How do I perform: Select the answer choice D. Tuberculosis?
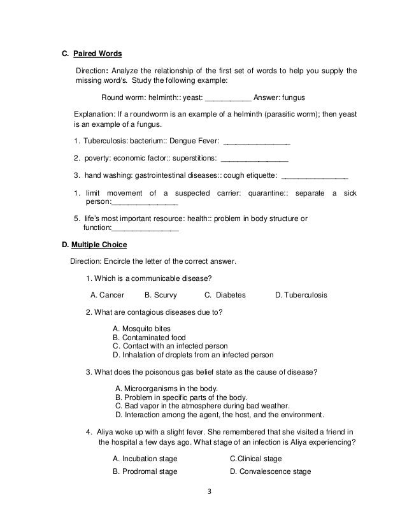(x=301, y=295)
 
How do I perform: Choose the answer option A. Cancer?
(x=107, y=295)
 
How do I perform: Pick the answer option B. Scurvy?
(x=162, y=295)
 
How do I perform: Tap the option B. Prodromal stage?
(x=145, y=472)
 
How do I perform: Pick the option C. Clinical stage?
(x=255, y=459)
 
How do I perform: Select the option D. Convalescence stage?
(x=270, y=472)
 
